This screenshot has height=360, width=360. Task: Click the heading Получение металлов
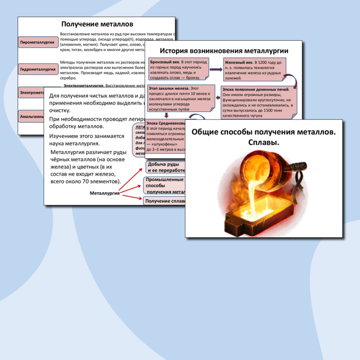pyautogui.click(x=98, y=24)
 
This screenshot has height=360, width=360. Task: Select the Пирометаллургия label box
pyautogui.click(x=37, y=42)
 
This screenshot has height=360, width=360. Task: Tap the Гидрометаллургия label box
pyautogui.click(x=38, y=69)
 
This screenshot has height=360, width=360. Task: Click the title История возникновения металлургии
pyautogui.click(x=224, y=51)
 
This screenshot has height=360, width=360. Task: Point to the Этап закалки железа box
pyautogui.click(x=181, y=99)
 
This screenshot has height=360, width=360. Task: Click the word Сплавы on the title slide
pyautogui.click(x=263, y=142)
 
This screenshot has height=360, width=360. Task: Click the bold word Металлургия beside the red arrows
pyautogui.click(x=105, y=193)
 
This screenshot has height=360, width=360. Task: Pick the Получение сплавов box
pyautogui.click(x=164, y=201)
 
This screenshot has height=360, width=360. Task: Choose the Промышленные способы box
pyautogui.click(x=164, y=185)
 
